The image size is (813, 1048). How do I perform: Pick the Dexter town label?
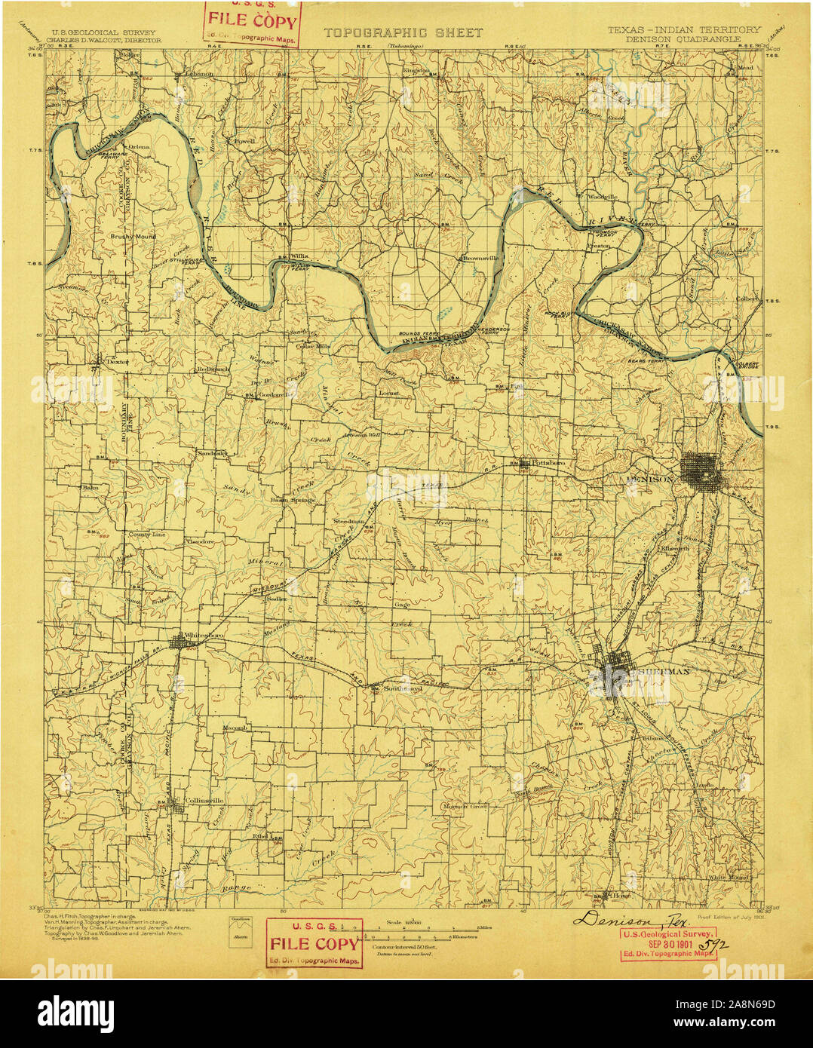[117, 362]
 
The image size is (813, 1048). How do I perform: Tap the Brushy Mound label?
[133, 237]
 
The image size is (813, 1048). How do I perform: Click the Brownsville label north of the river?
[480, 258]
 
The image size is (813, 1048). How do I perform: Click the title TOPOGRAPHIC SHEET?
[403, 33]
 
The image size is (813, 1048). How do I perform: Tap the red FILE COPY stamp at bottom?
[314, 943]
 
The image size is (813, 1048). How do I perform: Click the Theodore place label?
[200, 541]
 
